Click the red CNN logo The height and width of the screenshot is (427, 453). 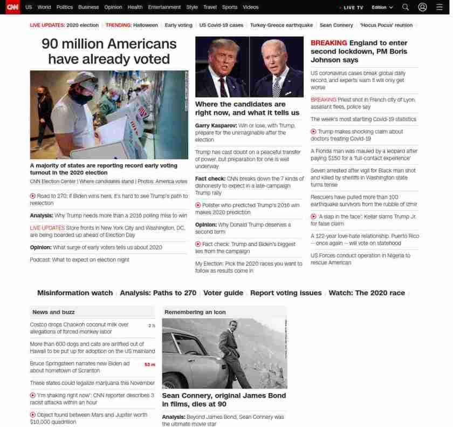pos(12,7)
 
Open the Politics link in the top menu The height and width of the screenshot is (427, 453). pos(65,8)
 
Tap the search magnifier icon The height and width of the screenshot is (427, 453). pos(406,8)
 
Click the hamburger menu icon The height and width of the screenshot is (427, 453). pos(439,8)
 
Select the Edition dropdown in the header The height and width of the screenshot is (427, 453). pos(382,8)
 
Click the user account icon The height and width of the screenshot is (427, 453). pos(422,8)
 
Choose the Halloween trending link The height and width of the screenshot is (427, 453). pos(146,25)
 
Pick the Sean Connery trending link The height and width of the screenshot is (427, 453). pos(337,25)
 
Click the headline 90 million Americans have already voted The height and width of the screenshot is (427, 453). pos(109,51)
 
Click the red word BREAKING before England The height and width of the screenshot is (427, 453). pos(328,43)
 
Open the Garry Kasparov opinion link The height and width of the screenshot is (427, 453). pos(245,132)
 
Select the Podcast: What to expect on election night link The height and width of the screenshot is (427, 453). pos(79,260)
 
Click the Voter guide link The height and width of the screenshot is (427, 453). pos(223,293)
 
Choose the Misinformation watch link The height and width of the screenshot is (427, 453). pos(74,293)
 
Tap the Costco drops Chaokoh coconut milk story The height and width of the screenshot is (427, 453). pos(79,328)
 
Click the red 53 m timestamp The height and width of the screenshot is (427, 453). pos(149,364)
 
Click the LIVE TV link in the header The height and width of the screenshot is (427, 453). pos(353,8)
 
